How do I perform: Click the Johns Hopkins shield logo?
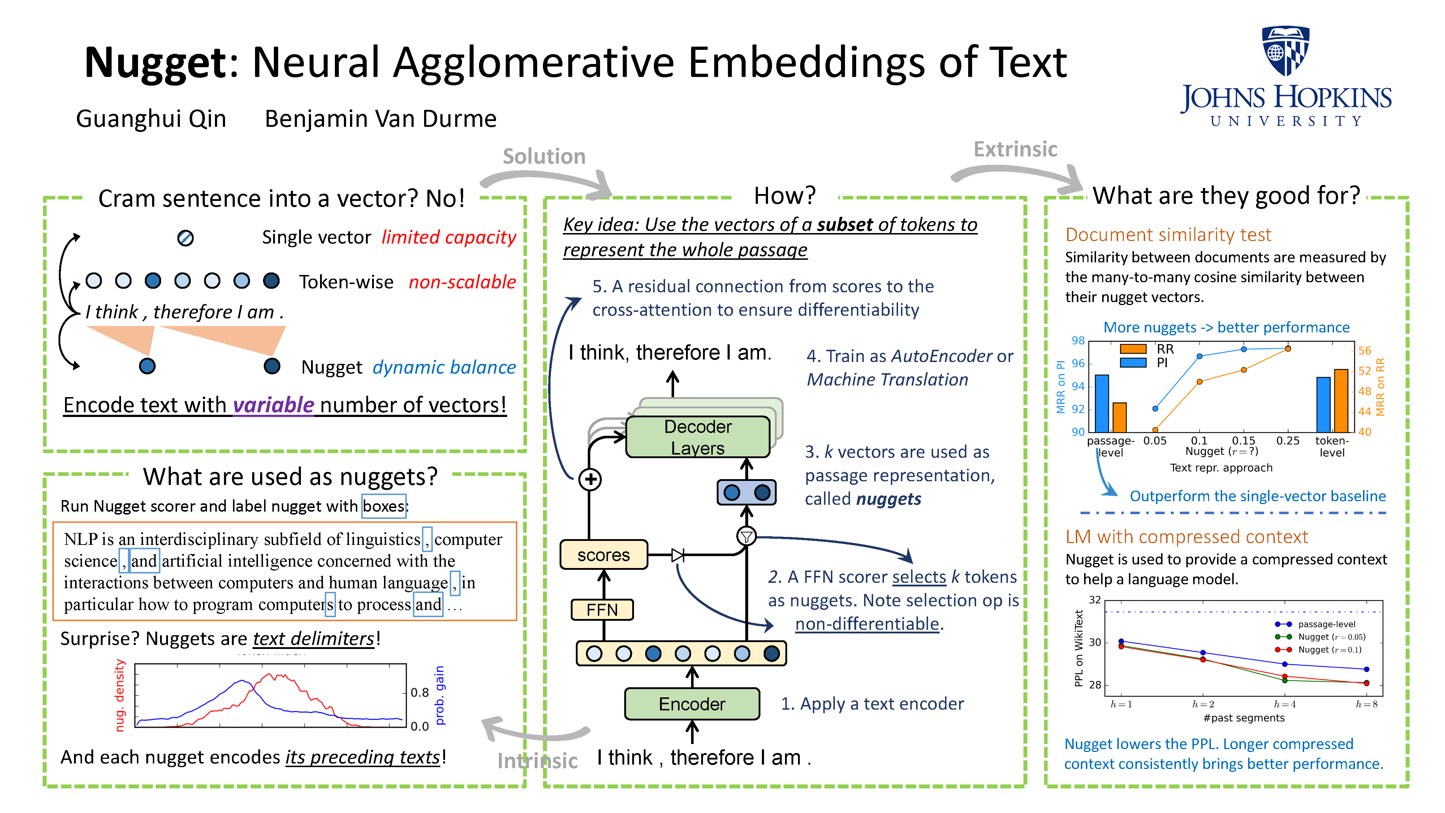[1285, 51]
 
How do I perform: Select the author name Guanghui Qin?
[151, 119]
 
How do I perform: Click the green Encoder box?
[692, 704]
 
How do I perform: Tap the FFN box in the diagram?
[602, 610]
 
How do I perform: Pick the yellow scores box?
[604, 555]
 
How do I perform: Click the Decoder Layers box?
[698, 437]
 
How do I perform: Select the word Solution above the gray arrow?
[544, 156]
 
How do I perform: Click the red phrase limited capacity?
[448, 237]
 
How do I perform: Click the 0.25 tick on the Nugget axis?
[1287, 441]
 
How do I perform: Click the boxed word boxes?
[384, 507]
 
